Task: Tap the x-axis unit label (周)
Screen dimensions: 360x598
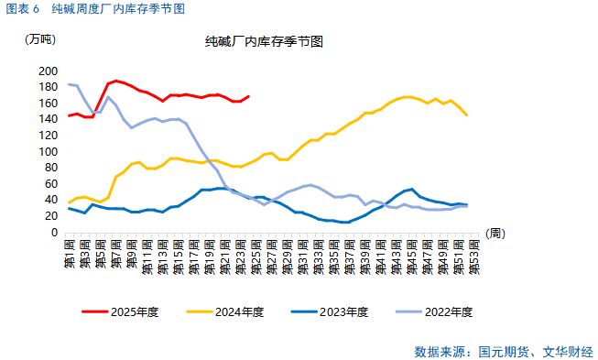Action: [x=495, y=234]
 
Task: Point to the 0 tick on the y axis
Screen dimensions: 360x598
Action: [x=54, y=233]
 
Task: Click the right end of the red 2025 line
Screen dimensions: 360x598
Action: [x=248, y=96]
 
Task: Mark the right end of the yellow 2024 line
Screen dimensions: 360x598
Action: [x=467, y=115]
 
